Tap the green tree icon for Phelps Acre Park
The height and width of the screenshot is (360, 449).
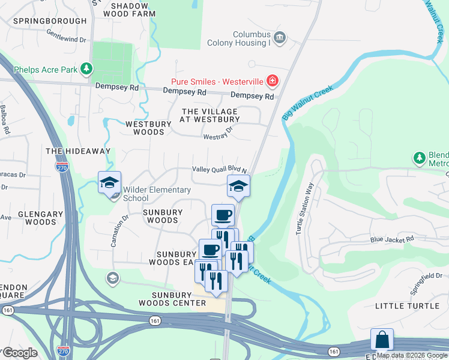point(87,70)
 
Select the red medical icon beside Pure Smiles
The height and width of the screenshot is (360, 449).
point(273,80)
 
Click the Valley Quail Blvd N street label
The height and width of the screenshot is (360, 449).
point(219,170)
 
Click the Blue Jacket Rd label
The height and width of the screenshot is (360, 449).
point(392,239)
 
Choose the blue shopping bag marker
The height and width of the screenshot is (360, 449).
point(382,340)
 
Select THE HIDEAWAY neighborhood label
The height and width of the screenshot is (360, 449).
point(76,151)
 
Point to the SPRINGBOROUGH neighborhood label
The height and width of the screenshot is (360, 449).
point(50,20)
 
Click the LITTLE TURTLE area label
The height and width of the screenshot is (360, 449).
point(407,305)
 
